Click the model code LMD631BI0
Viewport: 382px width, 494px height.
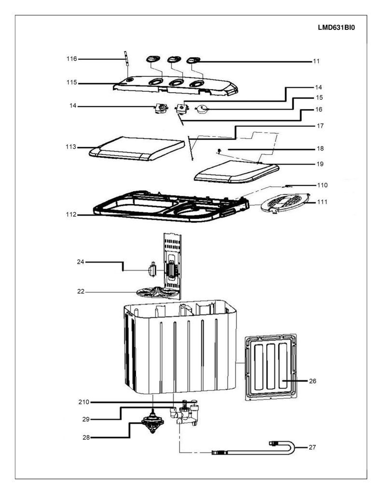tap(336, 27)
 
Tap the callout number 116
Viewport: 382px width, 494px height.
tap(71, 58)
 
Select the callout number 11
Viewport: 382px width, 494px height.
tap(316, 61)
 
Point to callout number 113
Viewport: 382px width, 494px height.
tap(71, 147)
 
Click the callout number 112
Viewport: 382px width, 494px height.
tap(71, 215)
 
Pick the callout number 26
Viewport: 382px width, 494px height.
tap(312, 381)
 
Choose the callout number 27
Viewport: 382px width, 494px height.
tap(312, 447)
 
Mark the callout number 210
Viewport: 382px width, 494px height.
tap(84, 402)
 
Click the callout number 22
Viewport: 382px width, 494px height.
tap(81, 291)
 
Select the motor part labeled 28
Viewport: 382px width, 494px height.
tap(153, 421)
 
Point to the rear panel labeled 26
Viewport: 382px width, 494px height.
tap(271, 367)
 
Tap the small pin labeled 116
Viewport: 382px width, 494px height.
tap(126, 58)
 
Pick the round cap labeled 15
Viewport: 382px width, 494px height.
tap(202, 110)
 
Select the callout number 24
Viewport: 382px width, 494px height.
tap(81, 261)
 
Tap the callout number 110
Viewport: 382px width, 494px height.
tap(322, 185)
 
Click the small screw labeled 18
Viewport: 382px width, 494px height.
tap(218, 151)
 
